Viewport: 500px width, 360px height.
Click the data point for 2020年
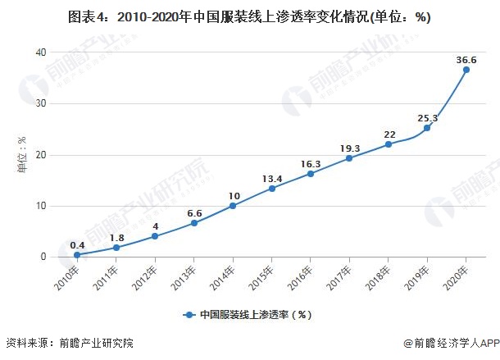466,70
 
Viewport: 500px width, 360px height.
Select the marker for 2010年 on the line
77,255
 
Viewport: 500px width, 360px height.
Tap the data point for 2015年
271,188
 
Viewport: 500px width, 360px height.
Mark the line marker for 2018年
388,144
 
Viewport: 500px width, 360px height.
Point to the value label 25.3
428,117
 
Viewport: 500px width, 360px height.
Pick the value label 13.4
272,177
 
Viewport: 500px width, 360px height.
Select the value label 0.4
77,244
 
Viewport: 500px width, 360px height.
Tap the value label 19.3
350,148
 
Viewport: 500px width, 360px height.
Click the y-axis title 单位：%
12,155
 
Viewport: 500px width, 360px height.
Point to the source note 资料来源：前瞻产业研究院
69,343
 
